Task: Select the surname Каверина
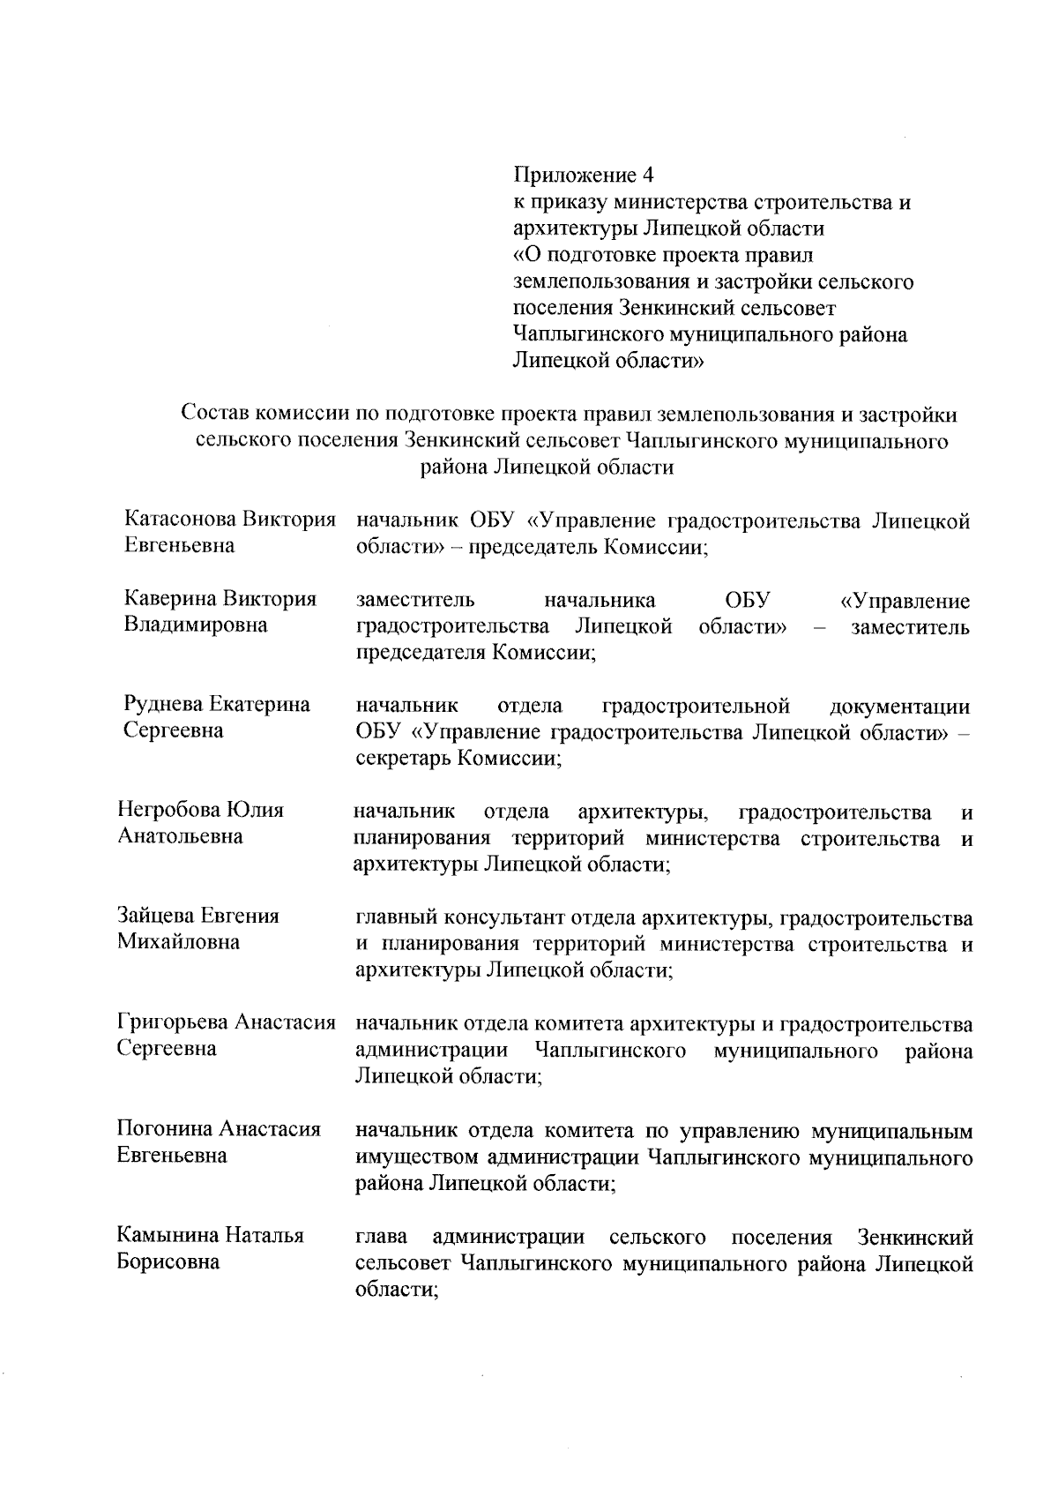point(170,599)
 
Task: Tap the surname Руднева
point(163,705)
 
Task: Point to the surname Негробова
point(168,810)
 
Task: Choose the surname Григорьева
point(173,1022)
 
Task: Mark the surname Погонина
point(165,1129)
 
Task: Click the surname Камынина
point(167,1235)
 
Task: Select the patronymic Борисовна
point(168,1261)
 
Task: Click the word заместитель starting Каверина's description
point(415,601)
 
